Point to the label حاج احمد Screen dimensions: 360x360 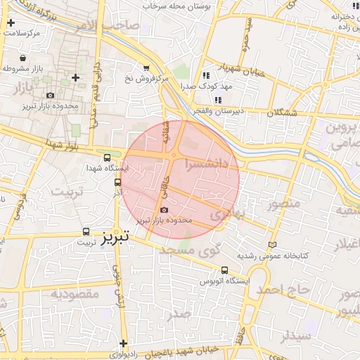[x=283, y=289]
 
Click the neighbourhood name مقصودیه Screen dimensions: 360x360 [x=75, y=293]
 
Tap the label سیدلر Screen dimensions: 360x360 [x=295, y=336]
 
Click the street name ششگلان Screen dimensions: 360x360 [x=282, y=112]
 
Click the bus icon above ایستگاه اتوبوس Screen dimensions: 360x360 [x=224, y=270]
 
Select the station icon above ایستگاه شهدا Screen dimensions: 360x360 [x=107, y=158]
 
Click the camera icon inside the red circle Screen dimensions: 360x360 [x=165, y=210]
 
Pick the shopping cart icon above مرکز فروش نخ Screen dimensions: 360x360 [x=146, y=68]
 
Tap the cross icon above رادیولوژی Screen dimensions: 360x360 [x=123, y=343]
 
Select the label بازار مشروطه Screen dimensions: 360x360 [x=25, y=68]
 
